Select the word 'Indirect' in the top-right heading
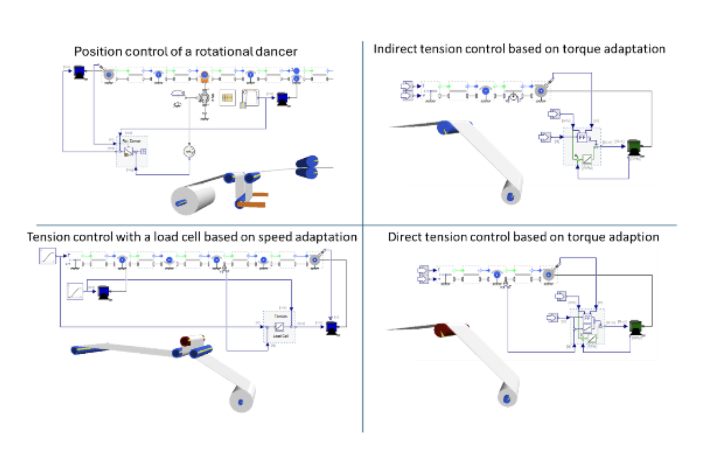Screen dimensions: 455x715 point(390,49)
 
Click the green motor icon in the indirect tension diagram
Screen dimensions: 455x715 point(633,147)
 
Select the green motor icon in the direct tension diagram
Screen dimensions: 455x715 point(635,327)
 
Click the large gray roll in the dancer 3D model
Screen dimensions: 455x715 point(193,199)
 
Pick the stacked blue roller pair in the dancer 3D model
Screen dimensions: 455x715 point(307,167)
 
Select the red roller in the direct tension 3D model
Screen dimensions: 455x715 point(446,330)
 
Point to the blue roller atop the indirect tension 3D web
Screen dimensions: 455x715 point(447,127)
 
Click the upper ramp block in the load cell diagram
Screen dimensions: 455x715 point(48,256)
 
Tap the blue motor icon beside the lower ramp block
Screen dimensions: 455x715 point(103,292)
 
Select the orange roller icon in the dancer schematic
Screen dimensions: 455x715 point(204,76)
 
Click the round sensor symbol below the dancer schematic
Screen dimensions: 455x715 point(189,151)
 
